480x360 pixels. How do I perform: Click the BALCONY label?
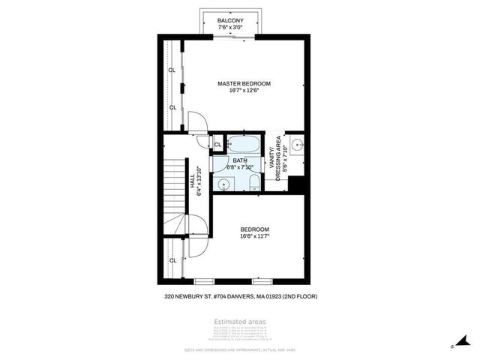229,20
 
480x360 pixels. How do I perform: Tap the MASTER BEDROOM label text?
244,83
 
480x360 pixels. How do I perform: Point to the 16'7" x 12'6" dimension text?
244,91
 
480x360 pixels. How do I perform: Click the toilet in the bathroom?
253,183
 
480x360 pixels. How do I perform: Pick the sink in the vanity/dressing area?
296,146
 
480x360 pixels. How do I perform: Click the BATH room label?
239,160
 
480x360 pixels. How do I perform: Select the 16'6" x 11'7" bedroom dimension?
254,236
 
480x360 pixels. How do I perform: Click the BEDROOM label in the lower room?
254,229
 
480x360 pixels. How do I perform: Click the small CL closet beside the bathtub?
217,145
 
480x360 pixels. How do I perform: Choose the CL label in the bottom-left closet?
172,260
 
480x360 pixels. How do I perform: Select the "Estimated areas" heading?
240,322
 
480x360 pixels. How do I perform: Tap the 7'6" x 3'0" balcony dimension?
229,27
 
